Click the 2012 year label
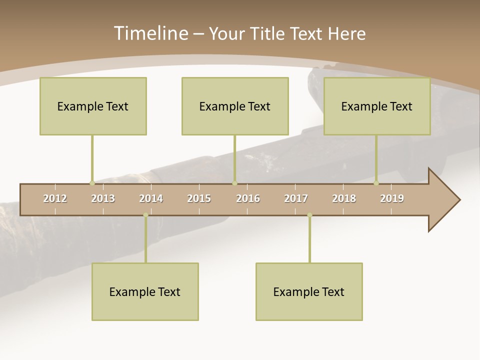pos(55,198)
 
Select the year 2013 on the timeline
pos(103,198)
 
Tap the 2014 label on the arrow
pos(151,198)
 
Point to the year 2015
pos(199,198)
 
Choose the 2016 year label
pos(248,198)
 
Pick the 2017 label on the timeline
pos(296,198)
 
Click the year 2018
pos(344,198)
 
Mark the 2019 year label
pos(392,198)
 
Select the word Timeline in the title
pos(150,33)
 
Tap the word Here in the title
pos(346,33)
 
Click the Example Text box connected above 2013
pos(93,106)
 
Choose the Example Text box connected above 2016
pos(235,106)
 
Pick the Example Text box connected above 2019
pos(377,106)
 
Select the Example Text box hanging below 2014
pos(145,291)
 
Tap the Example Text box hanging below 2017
pos(309,291)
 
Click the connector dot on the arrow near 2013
pos(92,183)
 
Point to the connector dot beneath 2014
pos(145,215)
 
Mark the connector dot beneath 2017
pos(309,215)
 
